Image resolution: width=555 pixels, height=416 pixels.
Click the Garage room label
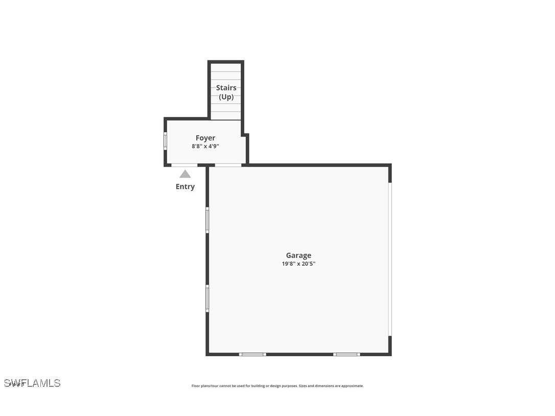pos(298,256)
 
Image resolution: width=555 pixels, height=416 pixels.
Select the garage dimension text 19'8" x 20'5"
pos(298,264)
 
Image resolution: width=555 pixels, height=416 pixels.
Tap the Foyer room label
pos(205,138)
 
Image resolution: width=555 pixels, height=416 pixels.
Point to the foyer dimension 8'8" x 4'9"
pos(205,146)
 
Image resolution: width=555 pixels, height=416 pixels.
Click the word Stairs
pos(226,88)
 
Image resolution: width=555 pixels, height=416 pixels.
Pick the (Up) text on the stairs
pos(226,97)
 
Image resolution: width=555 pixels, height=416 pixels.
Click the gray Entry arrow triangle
pos(185,174)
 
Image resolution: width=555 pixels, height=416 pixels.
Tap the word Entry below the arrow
pos(185,187)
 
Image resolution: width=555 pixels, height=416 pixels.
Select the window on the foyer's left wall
pos(165,141)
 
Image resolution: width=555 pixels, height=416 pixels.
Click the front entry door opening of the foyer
pos(184,165)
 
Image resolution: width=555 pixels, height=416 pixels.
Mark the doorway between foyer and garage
pos(228,165)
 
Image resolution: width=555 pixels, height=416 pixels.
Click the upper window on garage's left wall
pos(207,220)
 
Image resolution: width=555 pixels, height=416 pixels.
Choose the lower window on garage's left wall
pos(207,298)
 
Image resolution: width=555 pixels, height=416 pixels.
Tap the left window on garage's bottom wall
pos(252,354)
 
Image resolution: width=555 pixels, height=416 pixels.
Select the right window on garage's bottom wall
pos(346,354)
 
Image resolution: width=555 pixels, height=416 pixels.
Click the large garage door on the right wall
pos(389,259)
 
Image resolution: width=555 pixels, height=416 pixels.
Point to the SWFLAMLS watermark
pos(32,383)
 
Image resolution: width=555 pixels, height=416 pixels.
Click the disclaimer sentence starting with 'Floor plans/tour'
pos(244,386)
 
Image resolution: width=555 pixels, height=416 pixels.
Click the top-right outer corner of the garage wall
pos(390,165)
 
